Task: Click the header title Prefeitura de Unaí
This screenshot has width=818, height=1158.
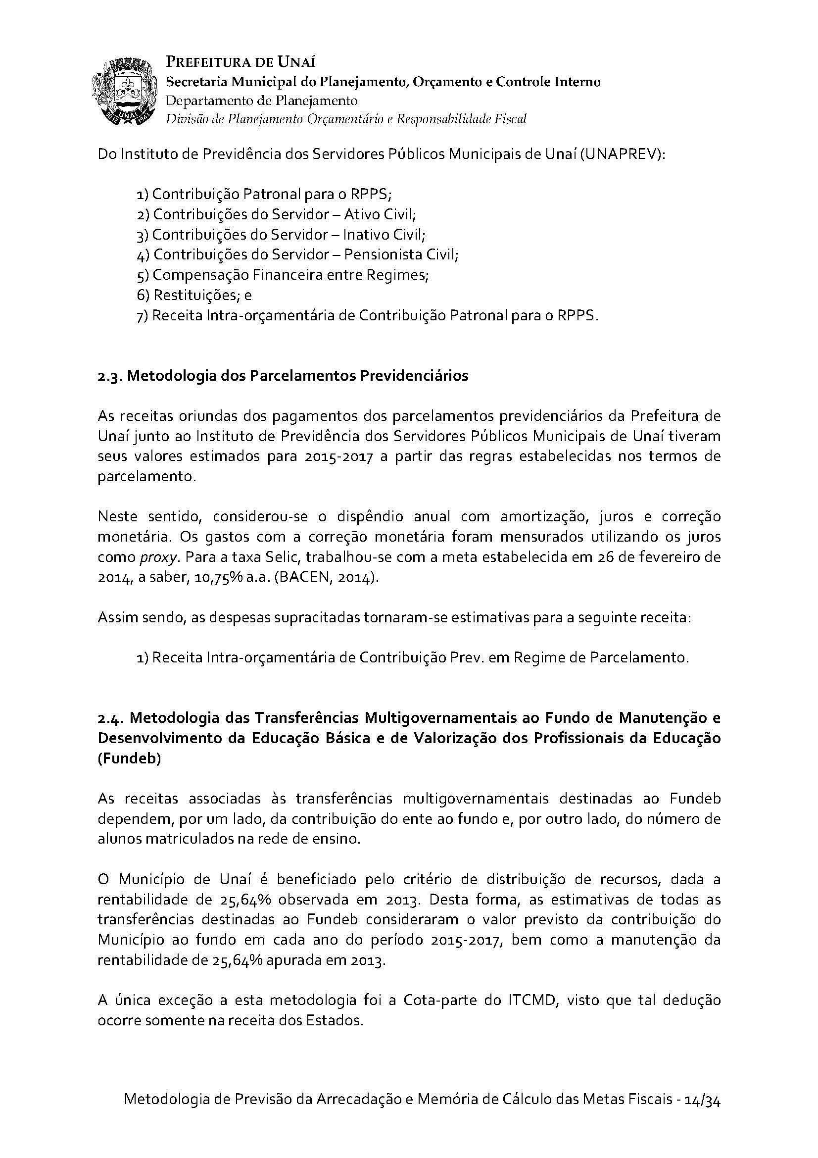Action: pyautogui.click(x=241, y=62)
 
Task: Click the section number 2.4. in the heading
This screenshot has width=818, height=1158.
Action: pyautogui.click(x=111, y=718)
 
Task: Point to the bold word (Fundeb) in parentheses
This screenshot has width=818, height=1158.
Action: pyautogui.click(x=129, y=758)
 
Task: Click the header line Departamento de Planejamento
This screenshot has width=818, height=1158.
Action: pyautogui.click(x=262, y=101)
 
